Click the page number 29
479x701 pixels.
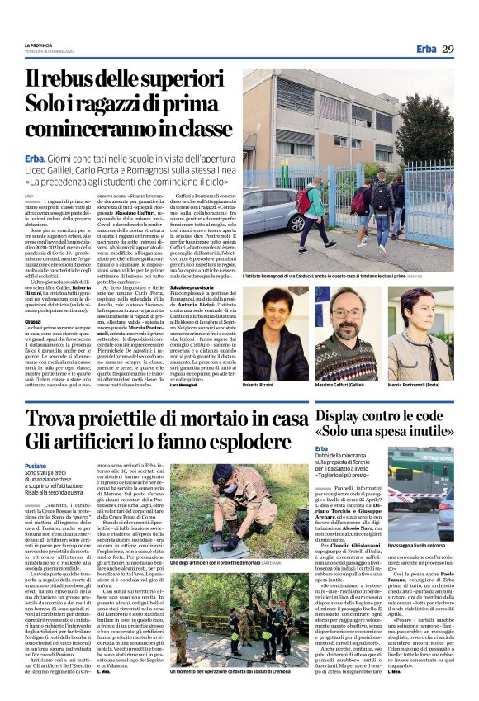coord(448,49)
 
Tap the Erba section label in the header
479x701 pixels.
coord(424,49)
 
